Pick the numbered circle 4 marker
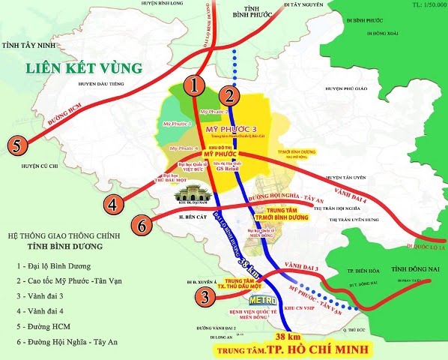point(113,204)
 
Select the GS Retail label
point(226,169)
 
